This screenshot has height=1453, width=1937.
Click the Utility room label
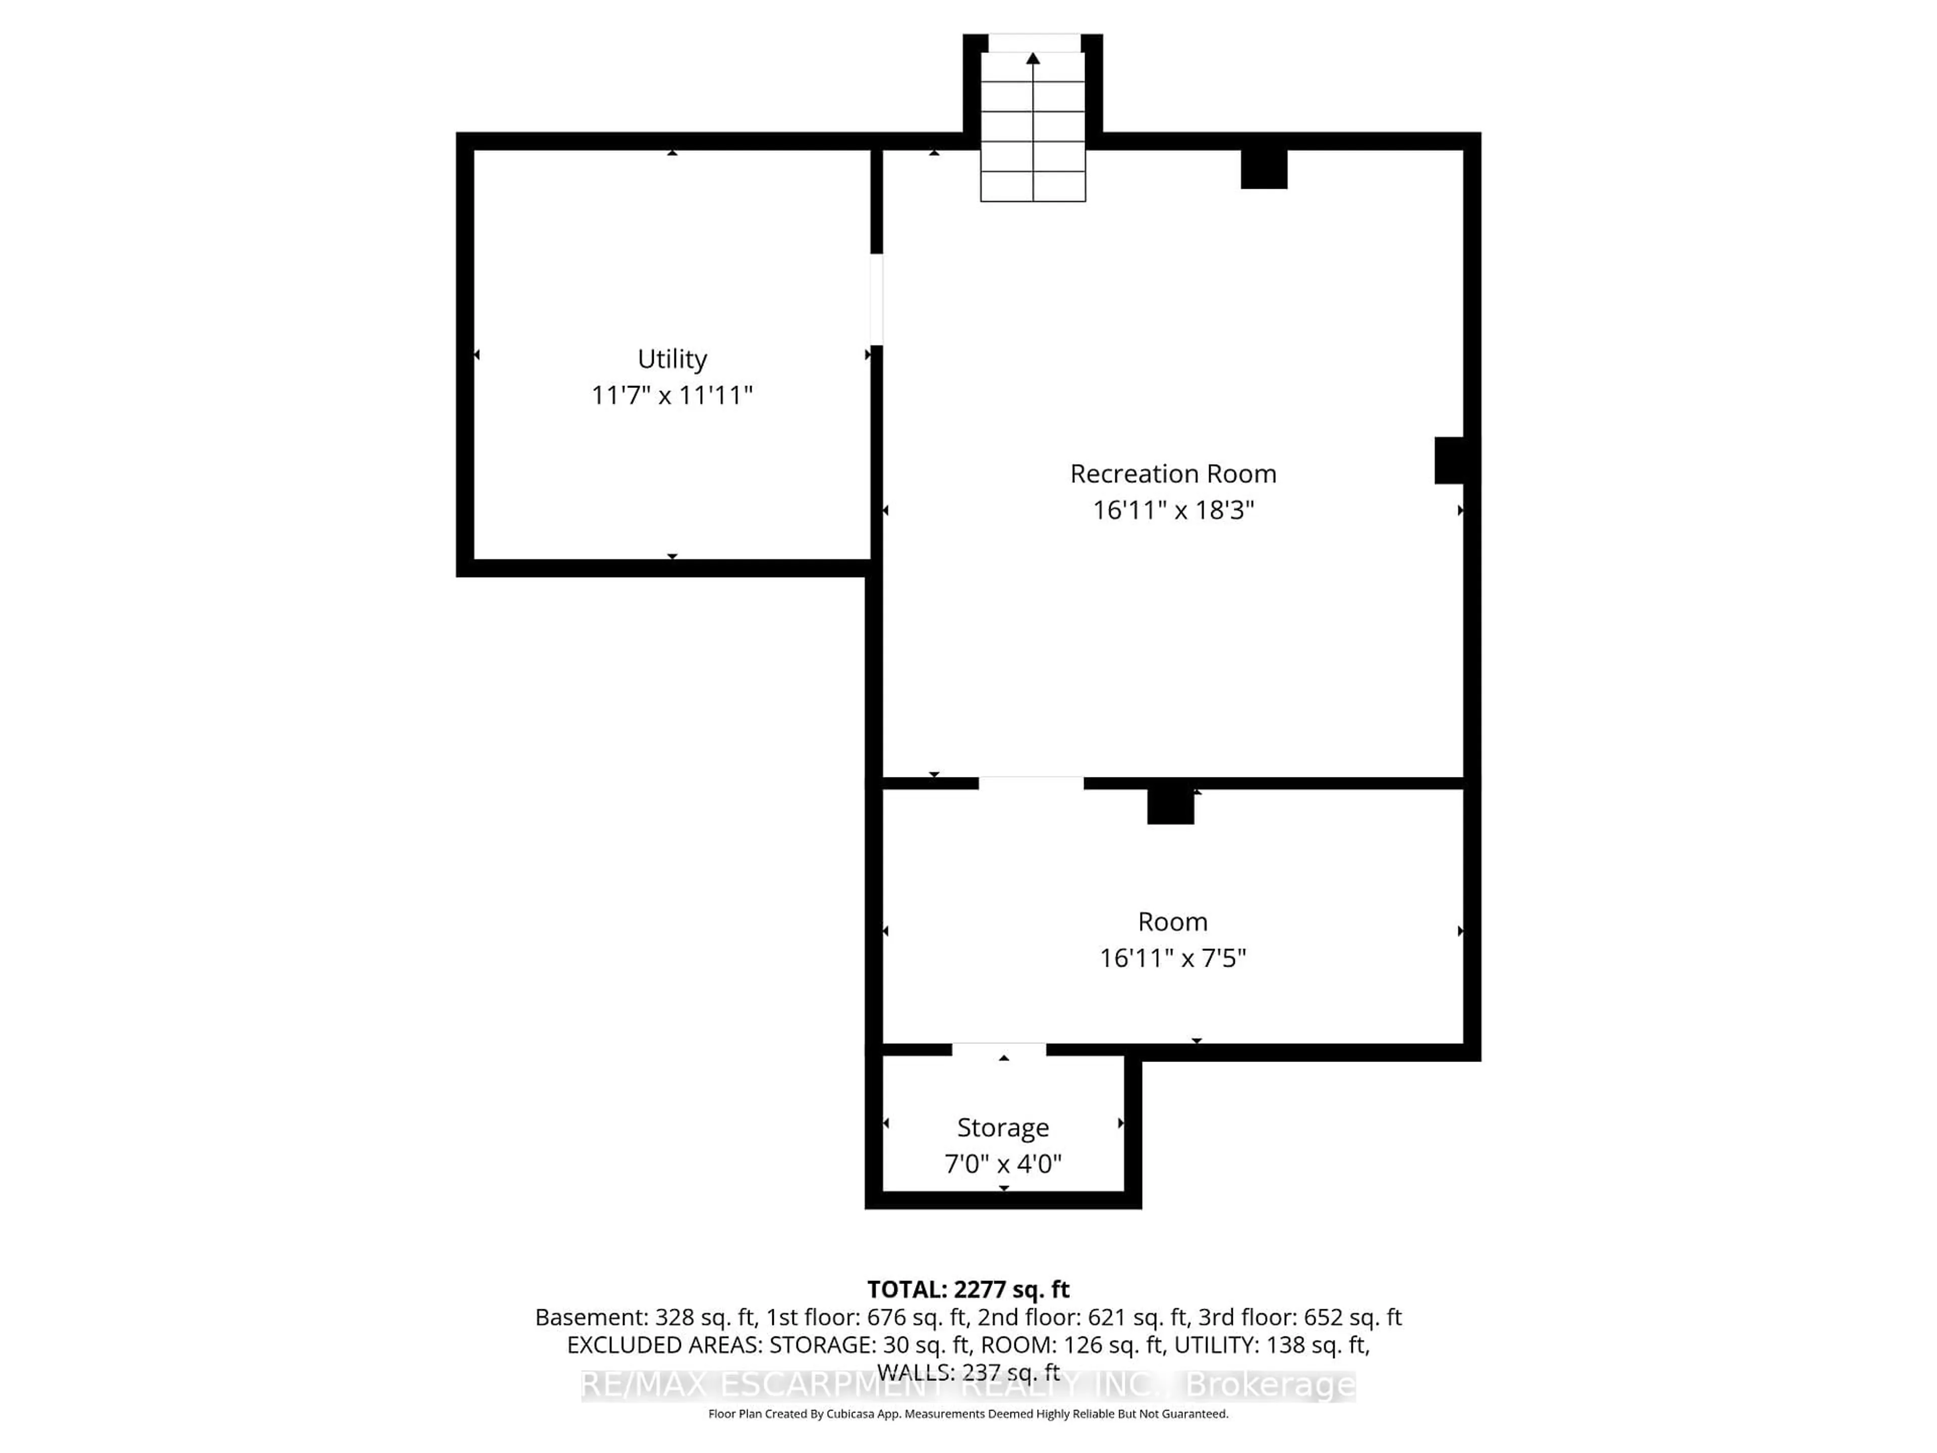click(x=672, y=359)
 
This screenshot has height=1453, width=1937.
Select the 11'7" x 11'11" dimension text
click(x=672, y=396)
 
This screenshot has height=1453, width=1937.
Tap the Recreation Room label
click(x=1172, y=474)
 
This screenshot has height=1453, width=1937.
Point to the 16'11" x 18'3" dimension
click(x=1172, y=511)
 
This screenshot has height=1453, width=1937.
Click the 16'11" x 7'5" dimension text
click(x=1172, y=958)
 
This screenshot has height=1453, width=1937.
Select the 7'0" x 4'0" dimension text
click(x=1003, y=1164)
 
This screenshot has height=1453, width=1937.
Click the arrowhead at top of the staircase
click(x=1033, y=59)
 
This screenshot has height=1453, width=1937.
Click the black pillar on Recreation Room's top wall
click(x=1264, y=169)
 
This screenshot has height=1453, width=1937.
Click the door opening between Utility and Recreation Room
click(x=876, y=300)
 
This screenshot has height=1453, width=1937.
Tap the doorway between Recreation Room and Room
click(x=1031, y=783)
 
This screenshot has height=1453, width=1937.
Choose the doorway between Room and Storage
click(x=998, y=1049)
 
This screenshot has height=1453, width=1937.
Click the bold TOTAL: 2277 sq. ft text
click(x=967, y=1289)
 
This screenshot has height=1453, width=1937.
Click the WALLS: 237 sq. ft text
click(x=967, y=1372)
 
